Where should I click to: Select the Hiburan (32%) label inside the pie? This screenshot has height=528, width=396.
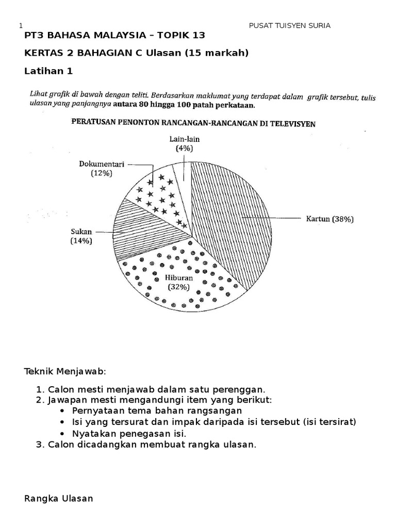(178, 283)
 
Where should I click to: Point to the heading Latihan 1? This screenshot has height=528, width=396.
(48, 71)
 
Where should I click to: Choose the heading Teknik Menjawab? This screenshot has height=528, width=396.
(65, 371)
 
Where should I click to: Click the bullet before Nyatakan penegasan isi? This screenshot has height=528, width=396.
(62, 434)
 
